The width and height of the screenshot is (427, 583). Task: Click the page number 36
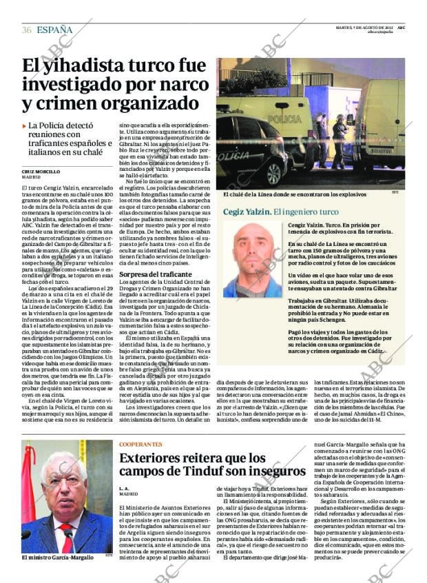tap(26, 30)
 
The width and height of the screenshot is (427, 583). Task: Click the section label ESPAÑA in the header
tap(54, 30)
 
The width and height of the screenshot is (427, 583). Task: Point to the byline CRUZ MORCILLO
tap(41, 171)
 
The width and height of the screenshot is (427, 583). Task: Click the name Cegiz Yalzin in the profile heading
tap(247, 212)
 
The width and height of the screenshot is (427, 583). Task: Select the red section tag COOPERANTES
tap(140, 444)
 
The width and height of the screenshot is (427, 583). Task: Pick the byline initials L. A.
tap(125, 489)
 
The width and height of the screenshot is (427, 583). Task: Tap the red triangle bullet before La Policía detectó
tap(25, 127)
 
